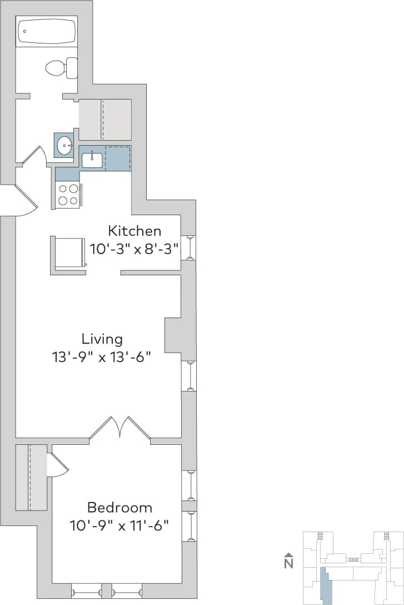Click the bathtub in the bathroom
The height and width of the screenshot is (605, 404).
point(47,31)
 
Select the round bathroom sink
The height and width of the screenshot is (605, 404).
point(64,146)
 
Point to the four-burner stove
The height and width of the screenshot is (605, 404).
point(68,195)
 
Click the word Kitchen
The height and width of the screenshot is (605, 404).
point(134,230)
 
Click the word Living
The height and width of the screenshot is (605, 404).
point(102,339)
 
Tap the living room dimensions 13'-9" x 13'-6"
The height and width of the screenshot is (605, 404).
point(102,356)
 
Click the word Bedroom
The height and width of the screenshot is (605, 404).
point(119,507)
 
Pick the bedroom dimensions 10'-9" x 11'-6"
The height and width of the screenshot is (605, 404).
point(119,524)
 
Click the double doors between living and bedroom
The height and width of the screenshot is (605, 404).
point(119,429)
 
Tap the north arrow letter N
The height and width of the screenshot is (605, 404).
point(288,563)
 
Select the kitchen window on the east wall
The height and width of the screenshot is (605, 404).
point(189,247)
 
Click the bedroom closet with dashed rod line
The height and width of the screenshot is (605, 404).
point(31,477)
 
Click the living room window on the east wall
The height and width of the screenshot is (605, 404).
point(189,376)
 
